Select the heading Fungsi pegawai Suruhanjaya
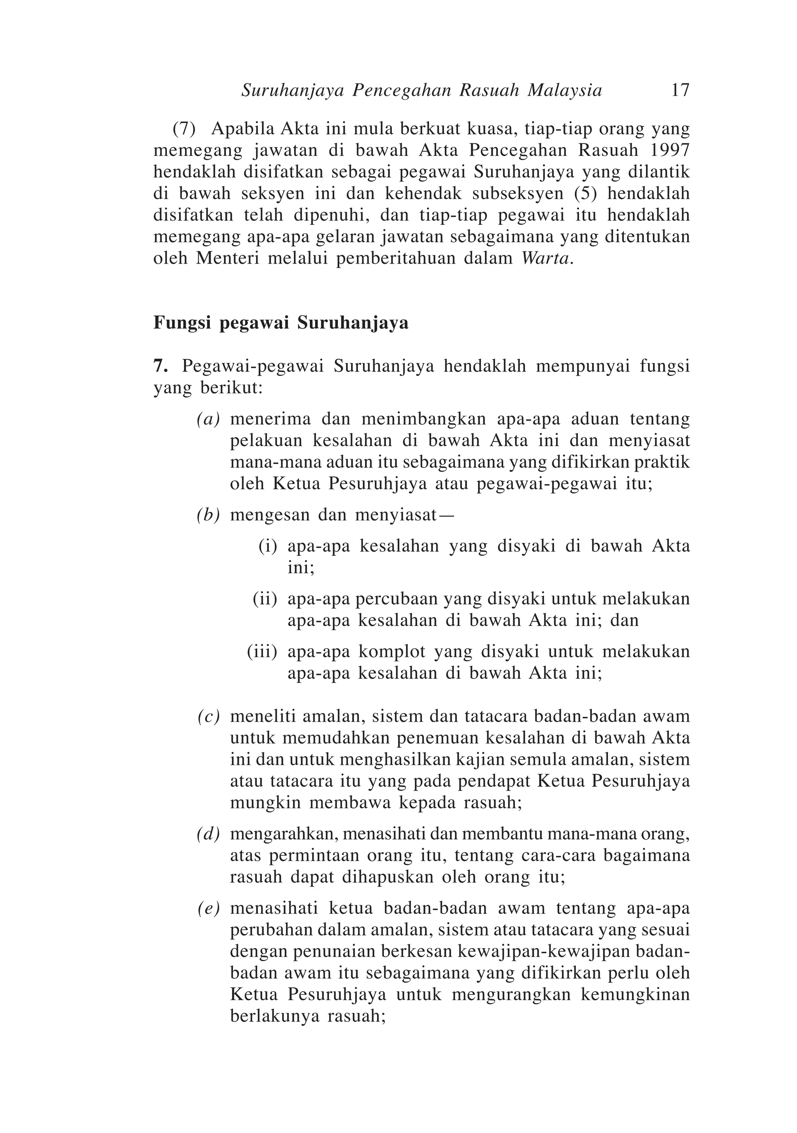[281, 323]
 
